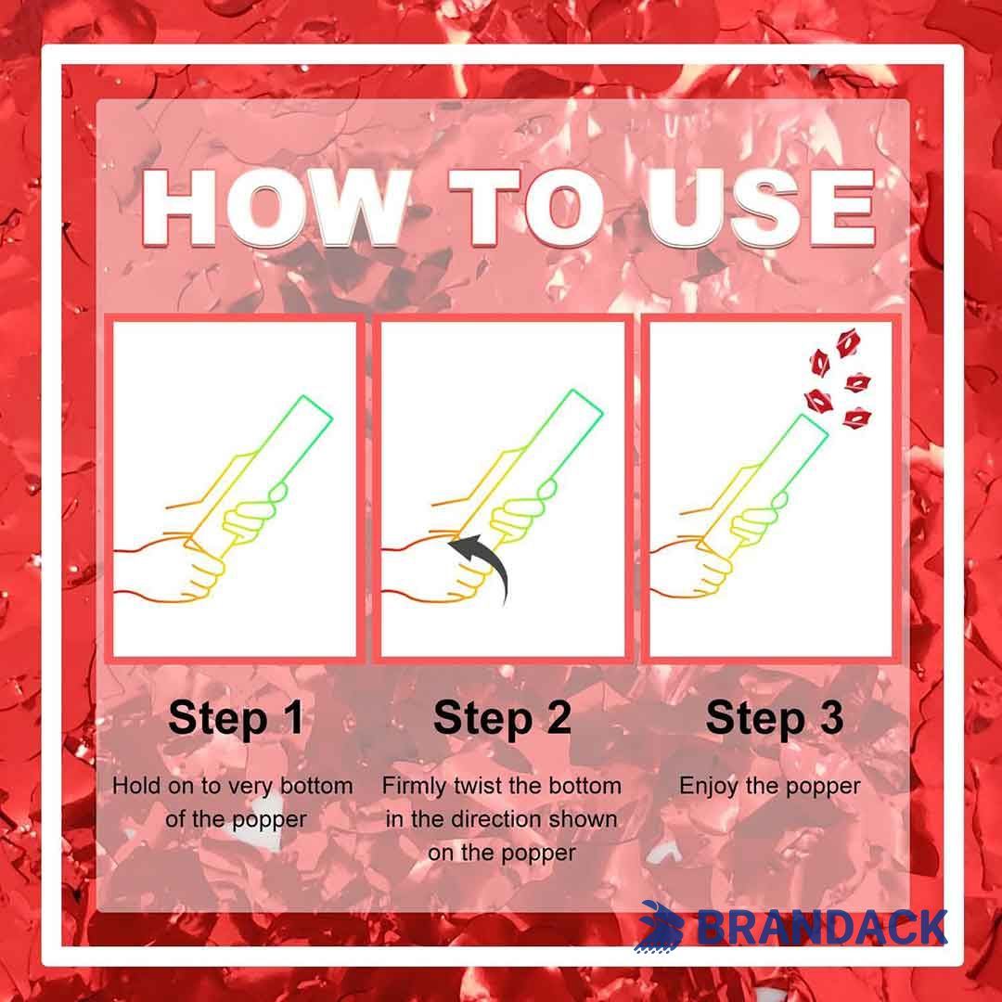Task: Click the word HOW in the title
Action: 275,209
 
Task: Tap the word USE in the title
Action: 761,209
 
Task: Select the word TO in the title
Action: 527,209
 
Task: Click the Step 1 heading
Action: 236,718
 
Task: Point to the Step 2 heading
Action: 502,718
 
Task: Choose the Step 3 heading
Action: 775,718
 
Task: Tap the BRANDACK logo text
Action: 820,927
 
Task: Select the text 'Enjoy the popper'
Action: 769,787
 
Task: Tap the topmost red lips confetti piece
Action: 848,343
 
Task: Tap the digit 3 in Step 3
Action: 831,716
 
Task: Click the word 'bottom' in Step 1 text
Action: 316,786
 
